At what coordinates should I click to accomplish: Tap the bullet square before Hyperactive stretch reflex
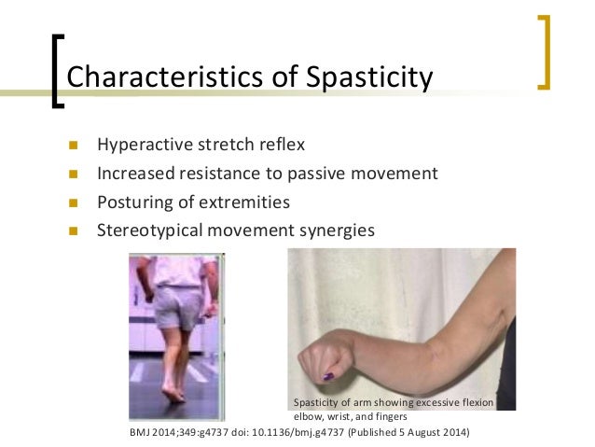74,146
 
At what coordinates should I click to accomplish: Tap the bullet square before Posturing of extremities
74,202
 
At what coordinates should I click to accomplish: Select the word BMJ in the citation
137,433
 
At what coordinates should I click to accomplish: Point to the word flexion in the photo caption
477,402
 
